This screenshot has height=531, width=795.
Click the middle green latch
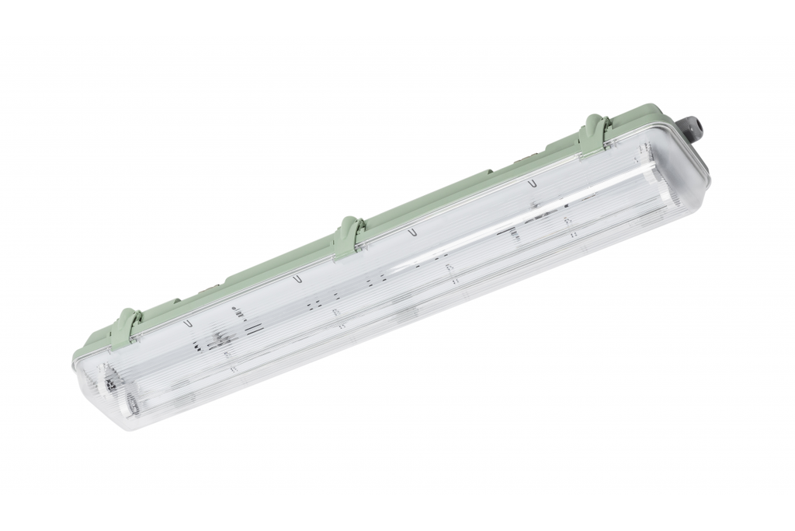click(348, 235)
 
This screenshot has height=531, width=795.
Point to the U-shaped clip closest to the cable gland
click(533, 183)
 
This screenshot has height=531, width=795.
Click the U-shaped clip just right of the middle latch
click(412, 232)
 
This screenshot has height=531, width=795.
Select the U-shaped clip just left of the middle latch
click(296, 277)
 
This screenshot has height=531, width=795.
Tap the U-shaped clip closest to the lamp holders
click(186, 320)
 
